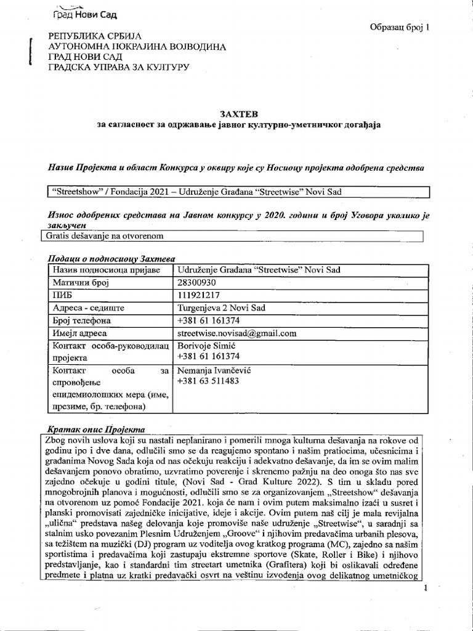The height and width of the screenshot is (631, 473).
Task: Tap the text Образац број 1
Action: (402, 27)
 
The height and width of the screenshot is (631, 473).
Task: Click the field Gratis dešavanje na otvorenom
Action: (103, 236)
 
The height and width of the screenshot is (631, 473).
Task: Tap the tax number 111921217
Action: (198, 295)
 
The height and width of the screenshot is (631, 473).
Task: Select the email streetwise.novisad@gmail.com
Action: (237, 333)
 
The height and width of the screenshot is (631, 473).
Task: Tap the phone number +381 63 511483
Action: (208, 381)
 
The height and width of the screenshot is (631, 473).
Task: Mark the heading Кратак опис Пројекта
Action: (95, 428)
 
